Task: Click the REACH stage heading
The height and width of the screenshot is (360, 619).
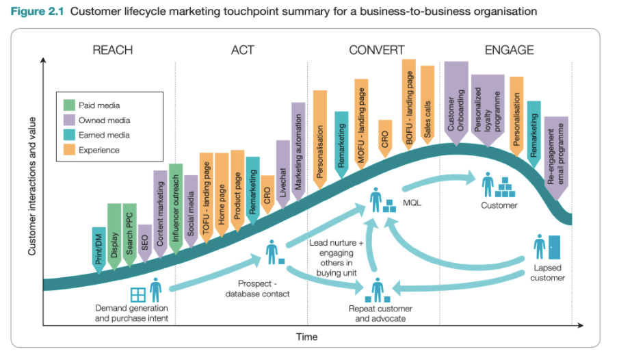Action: tap(113, 50)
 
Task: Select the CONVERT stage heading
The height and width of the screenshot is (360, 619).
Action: tap(376, 50)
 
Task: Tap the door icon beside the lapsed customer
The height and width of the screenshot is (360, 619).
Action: tap(554, 247)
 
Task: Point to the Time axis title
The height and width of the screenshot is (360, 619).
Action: tap(306, 337)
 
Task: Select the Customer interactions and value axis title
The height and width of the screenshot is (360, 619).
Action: tap(32, 186)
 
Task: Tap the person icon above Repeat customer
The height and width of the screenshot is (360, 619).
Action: tap(378, 290)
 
